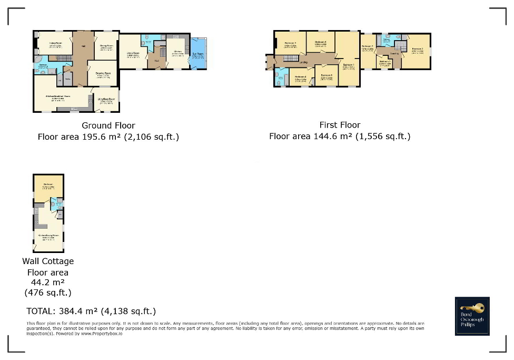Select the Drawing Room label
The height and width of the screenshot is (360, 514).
(104, 74)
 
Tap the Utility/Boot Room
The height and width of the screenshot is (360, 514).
(106, 100)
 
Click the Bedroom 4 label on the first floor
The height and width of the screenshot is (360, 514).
(301, 79)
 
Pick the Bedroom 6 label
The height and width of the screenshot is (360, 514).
(327, 76)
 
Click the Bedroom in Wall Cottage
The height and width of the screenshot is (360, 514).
(48, 187)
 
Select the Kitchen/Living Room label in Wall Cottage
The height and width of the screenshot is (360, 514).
(47, 236)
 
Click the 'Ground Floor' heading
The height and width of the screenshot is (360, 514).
(108, 125)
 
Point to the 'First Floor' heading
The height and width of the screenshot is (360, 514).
(340, 125)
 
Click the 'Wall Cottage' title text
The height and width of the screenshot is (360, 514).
(48, 261)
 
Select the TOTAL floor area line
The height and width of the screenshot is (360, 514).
(91, 311)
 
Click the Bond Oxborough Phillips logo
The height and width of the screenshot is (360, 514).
(472, 316)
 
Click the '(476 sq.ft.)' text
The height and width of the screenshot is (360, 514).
(48, 292)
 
